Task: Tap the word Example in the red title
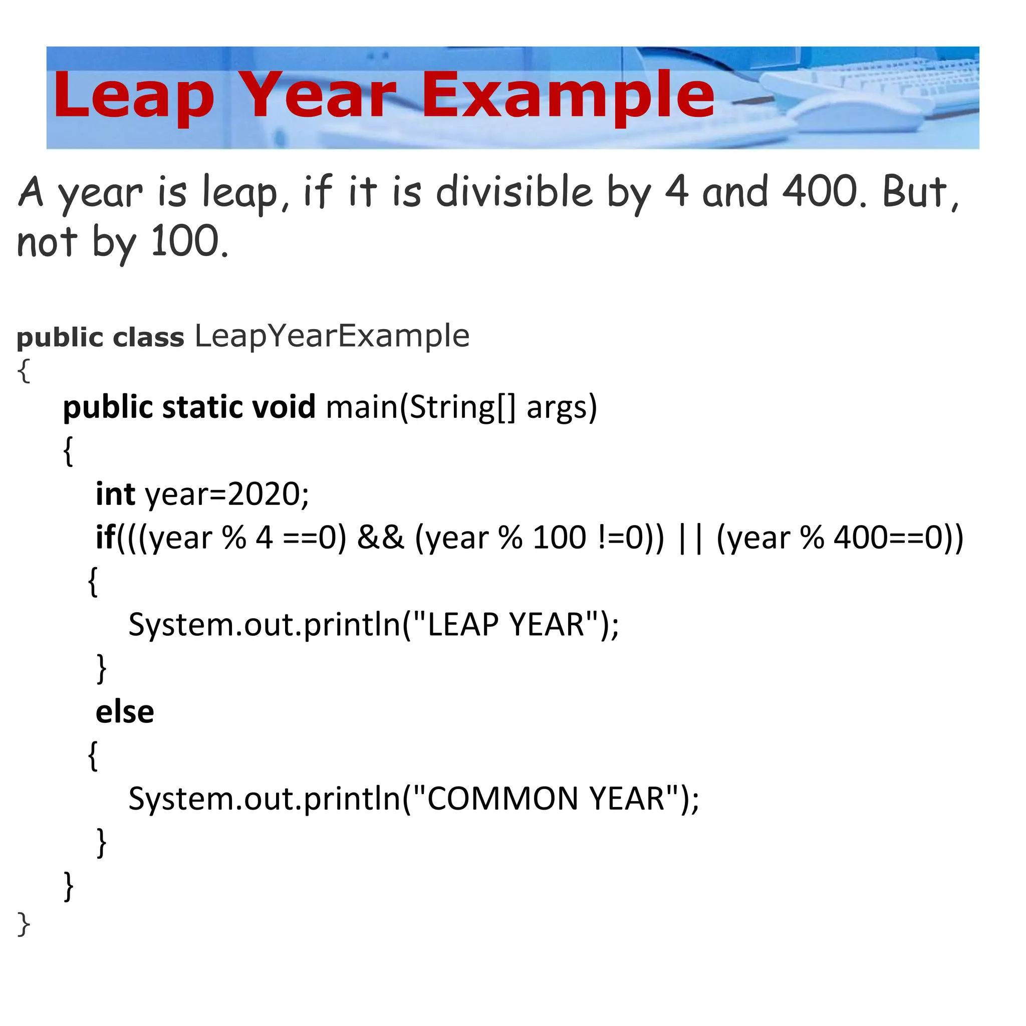click(568, 96)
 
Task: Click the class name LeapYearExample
click(332, 336)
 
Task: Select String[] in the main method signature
click(462, 407)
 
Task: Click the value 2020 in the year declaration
click(263, 494)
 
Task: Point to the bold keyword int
click(115, 494)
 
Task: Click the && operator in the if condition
click(380, 538)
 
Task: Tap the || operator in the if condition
click(690, 538)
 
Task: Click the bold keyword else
click(125, 712)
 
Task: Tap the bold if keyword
click(105, 538)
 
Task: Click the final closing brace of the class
click(24, 924)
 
